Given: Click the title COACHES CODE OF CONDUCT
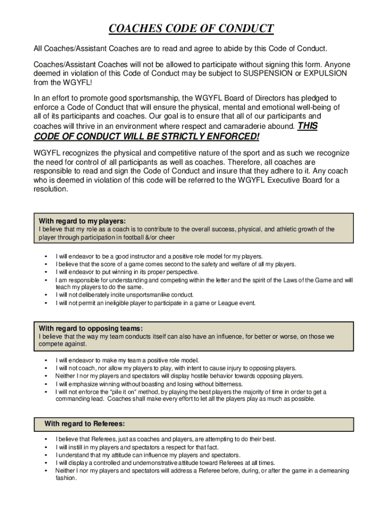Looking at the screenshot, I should coord(191,29).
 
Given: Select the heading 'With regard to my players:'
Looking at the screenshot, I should coord(82,221).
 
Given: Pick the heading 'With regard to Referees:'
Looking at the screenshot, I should coord(85,424).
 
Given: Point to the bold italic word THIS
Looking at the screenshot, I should coord(307,126).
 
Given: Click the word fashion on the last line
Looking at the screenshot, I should coord(66,478).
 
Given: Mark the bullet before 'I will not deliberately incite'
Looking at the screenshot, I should coord(46,295).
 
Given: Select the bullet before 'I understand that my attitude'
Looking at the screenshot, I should coord(46,455).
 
